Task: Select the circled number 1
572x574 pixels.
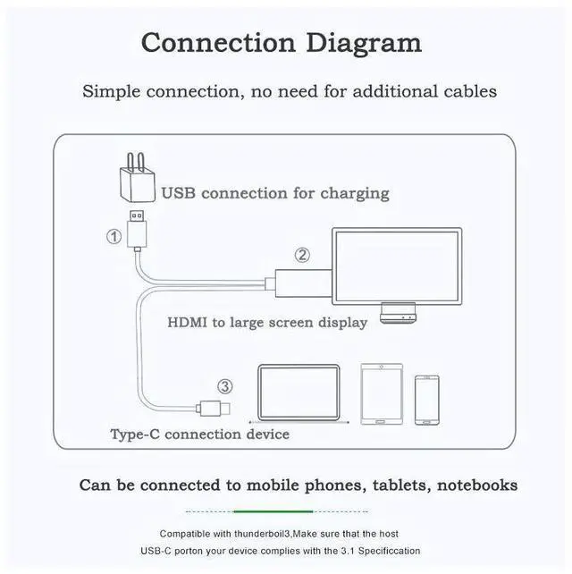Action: pos(114,237)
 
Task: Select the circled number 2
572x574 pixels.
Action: pos(302,255)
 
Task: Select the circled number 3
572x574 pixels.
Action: pos(225,386)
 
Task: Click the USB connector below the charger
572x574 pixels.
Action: pos(138,229)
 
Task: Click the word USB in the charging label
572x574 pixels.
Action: pos(179,193)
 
